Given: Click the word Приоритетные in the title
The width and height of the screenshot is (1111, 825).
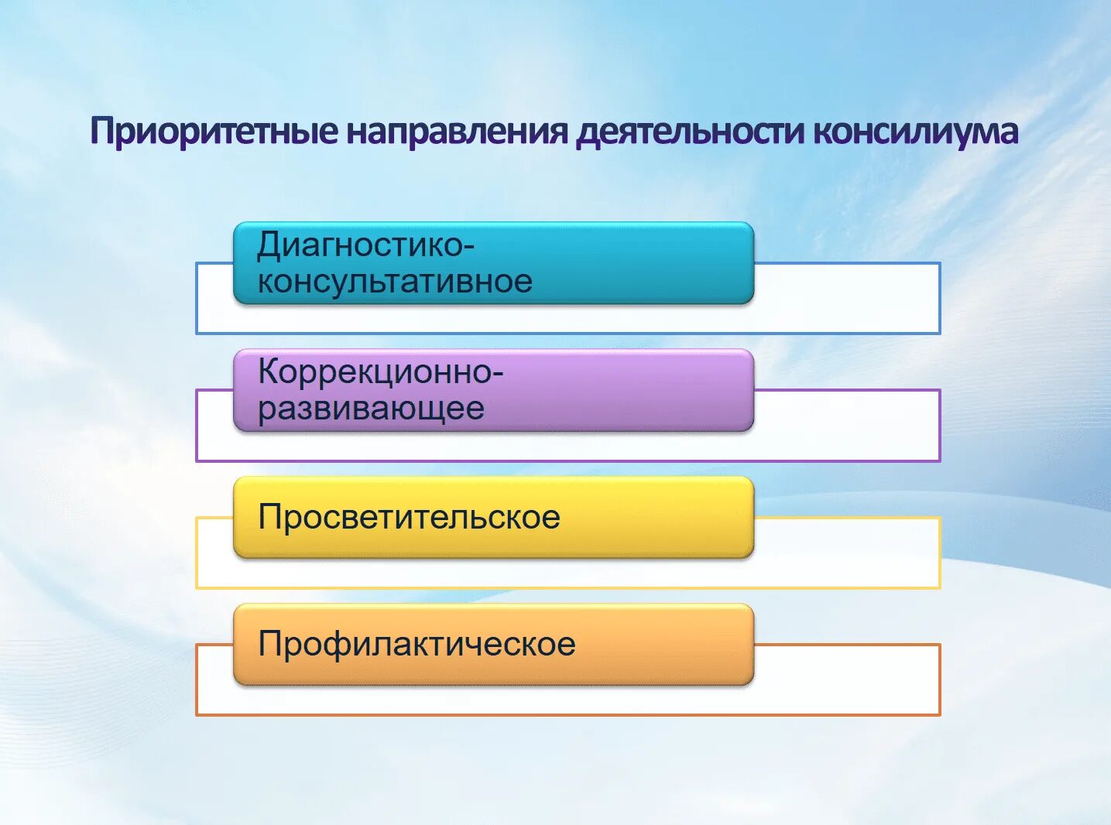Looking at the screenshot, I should pos(214,132).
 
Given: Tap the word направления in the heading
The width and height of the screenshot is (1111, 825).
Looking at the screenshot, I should pos(457,132).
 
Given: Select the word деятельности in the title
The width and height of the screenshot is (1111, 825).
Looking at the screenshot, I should pos(690,132).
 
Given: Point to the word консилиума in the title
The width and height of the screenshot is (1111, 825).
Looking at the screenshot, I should pos(915,132).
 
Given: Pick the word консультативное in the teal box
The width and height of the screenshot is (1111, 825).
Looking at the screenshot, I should pos(395,281).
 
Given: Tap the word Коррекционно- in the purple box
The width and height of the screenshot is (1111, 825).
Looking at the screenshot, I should pos(380,372).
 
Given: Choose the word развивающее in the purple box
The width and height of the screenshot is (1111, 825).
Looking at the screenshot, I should pos(371,408).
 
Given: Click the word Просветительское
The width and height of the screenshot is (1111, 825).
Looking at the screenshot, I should pos(409,517).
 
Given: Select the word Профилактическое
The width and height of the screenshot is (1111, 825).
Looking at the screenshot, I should pos(417,644).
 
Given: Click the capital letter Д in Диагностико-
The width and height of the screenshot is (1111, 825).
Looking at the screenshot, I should pos(269,247).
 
